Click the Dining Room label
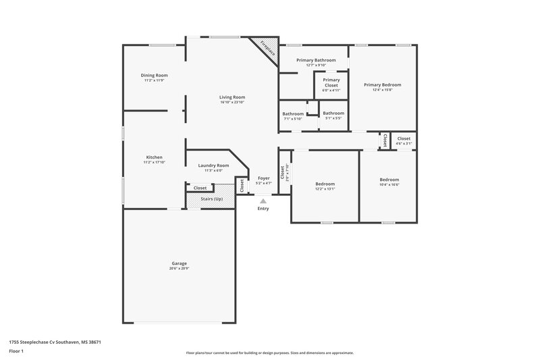click(x=154, y=75)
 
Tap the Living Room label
click(x=232, y=97)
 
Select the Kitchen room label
click(x=154, y=157)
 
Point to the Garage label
click(x=179, y=263)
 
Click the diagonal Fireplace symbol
click(x=263, y=51)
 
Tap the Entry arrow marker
click(x=263, y=201)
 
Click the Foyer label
click(x=264, y=178)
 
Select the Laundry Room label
click(x=213, y=165)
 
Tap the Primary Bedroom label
click(x=382, y=84)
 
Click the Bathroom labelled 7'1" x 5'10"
click(x=293, y=113)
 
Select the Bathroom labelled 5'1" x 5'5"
click(x=333, y=113)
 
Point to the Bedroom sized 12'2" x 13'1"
click(x=325, y=184)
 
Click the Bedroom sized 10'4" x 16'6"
click(x=389, y=179)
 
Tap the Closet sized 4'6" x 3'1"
click(x=404, y=138)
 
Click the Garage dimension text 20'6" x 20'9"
click(x=179, y=269)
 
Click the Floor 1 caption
click(x=17, y=352)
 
